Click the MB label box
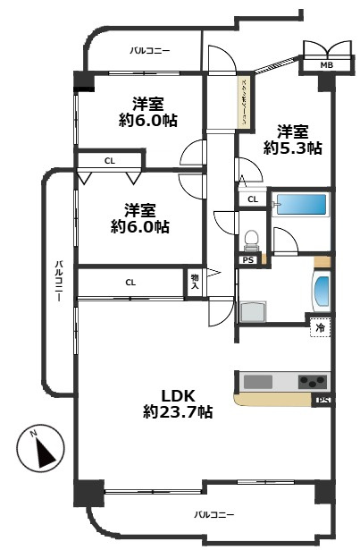click(316, 64)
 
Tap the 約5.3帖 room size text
click(292, 148)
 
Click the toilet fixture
click(252, 240)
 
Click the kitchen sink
click(258, 382)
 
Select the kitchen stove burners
click(313, 381)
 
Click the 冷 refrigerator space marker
click(319, 327)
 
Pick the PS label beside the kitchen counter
click(322, 400)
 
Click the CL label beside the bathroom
click(252, 199)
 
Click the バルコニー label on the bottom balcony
click(213, 515)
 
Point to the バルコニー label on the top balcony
click(149, 52)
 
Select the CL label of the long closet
click(130, 283)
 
